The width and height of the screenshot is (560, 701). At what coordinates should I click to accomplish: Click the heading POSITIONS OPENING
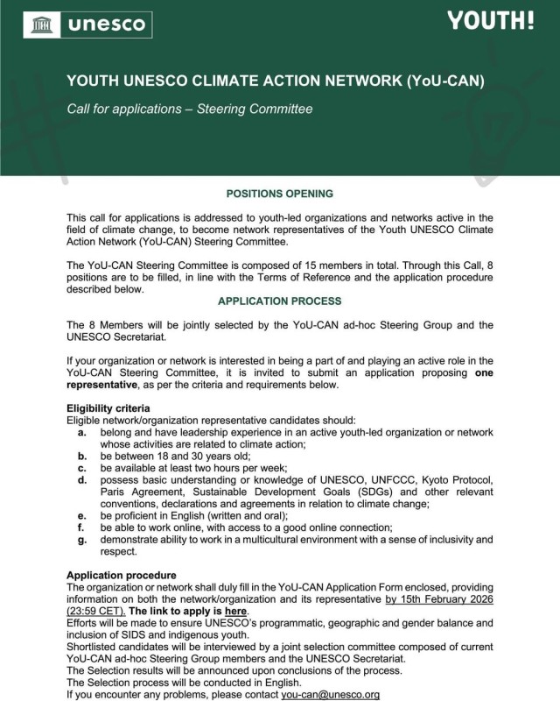(279, 194)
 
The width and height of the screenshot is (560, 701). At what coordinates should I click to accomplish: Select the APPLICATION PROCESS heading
(279, 301)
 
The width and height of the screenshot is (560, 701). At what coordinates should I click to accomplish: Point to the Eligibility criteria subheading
(108, 408)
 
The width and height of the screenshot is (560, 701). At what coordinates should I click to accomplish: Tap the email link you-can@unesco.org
(330, 694)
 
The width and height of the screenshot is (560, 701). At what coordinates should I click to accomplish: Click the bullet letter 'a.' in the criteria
(81, 432)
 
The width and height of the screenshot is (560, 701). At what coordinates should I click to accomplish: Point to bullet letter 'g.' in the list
(81, 539)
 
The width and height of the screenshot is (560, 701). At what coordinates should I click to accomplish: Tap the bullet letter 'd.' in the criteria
(81, 480)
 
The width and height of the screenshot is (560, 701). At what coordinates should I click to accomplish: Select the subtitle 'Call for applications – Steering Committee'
(190, 110)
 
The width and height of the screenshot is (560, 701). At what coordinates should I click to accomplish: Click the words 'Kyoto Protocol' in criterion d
(451, 480)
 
